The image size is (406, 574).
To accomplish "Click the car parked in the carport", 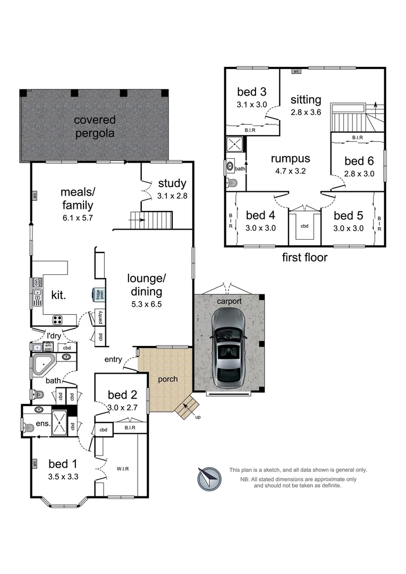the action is click(228, 348).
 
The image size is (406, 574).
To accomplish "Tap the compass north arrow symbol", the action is click(208, 478).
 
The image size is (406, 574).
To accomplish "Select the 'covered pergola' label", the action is click(94, 126).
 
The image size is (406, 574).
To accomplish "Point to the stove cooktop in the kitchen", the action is click(57, 320).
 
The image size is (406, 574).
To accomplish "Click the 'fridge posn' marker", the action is click(97, 295).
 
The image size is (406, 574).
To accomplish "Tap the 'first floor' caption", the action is click(304, 258).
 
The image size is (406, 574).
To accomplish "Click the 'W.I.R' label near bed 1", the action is click(123, 468).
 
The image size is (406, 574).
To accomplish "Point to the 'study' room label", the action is click(172, 184).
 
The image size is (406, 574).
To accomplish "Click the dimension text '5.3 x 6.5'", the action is click(147, 305).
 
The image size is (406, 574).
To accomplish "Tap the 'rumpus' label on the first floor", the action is click(290, 159).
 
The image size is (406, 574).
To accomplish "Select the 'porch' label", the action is click(168, 379).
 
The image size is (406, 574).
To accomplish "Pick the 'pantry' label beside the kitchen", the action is click(100, 317).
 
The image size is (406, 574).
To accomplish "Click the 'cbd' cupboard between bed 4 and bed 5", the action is click(304, 226).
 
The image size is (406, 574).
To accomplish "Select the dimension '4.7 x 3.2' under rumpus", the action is click(290, 171).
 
